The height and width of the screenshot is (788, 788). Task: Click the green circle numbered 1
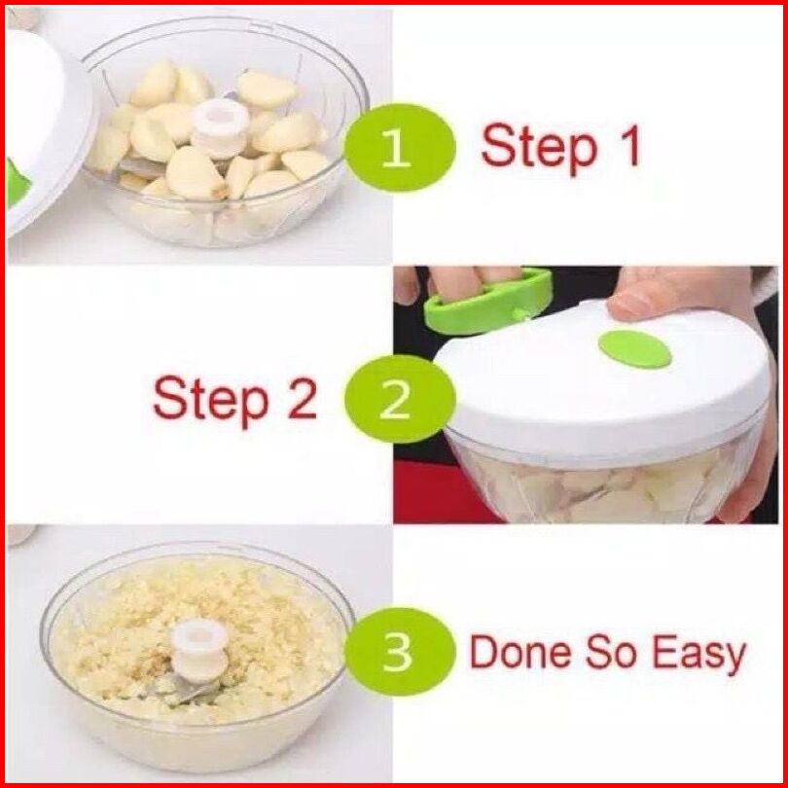[400, 148]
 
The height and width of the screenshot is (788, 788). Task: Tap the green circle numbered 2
[400, 399]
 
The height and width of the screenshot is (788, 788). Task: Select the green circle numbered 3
[400, 651]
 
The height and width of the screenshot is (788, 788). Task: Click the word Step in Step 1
[539, 147]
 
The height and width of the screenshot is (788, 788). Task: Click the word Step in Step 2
[211, 399]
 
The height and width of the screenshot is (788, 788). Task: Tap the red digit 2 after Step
[303, 397]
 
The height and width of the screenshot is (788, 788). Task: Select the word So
[614, 651]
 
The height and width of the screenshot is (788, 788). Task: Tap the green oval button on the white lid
[634, 349]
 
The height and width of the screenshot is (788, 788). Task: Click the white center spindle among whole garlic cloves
[220, 127]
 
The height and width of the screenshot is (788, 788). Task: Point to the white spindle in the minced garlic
[199, 650]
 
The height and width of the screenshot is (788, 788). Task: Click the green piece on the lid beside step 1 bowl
[17, 183]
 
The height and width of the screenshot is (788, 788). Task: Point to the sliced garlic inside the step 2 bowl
[603, 490]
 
